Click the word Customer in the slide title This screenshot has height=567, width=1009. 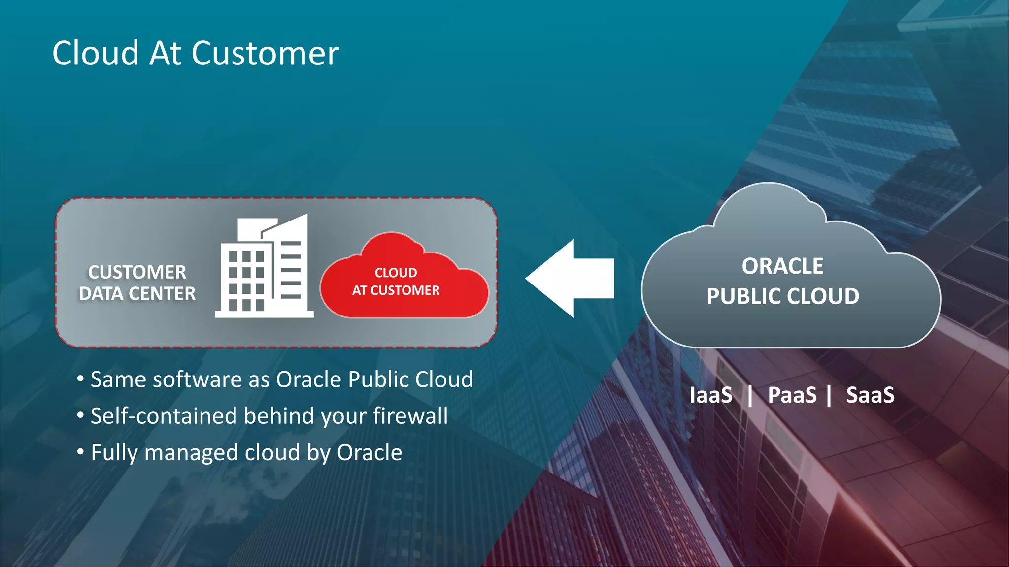[265, 53]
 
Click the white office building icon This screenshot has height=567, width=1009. [265, 268]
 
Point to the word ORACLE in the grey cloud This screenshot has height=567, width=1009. [782, 266]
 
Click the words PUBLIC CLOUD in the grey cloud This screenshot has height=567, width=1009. [782, 296]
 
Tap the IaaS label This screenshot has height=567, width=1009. [710, 395]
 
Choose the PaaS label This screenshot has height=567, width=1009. [792, 395]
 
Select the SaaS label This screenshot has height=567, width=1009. [870, 395]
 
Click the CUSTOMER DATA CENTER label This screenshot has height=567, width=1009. [137, 283]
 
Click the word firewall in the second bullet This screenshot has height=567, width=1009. [410, 416]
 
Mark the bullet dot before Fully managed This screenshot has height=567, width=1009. [80, 451]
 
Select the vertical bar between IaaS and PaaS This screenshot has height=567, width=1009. [750, 396]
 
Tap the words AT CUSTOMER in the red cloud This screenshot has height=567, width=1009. [396, 290]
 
